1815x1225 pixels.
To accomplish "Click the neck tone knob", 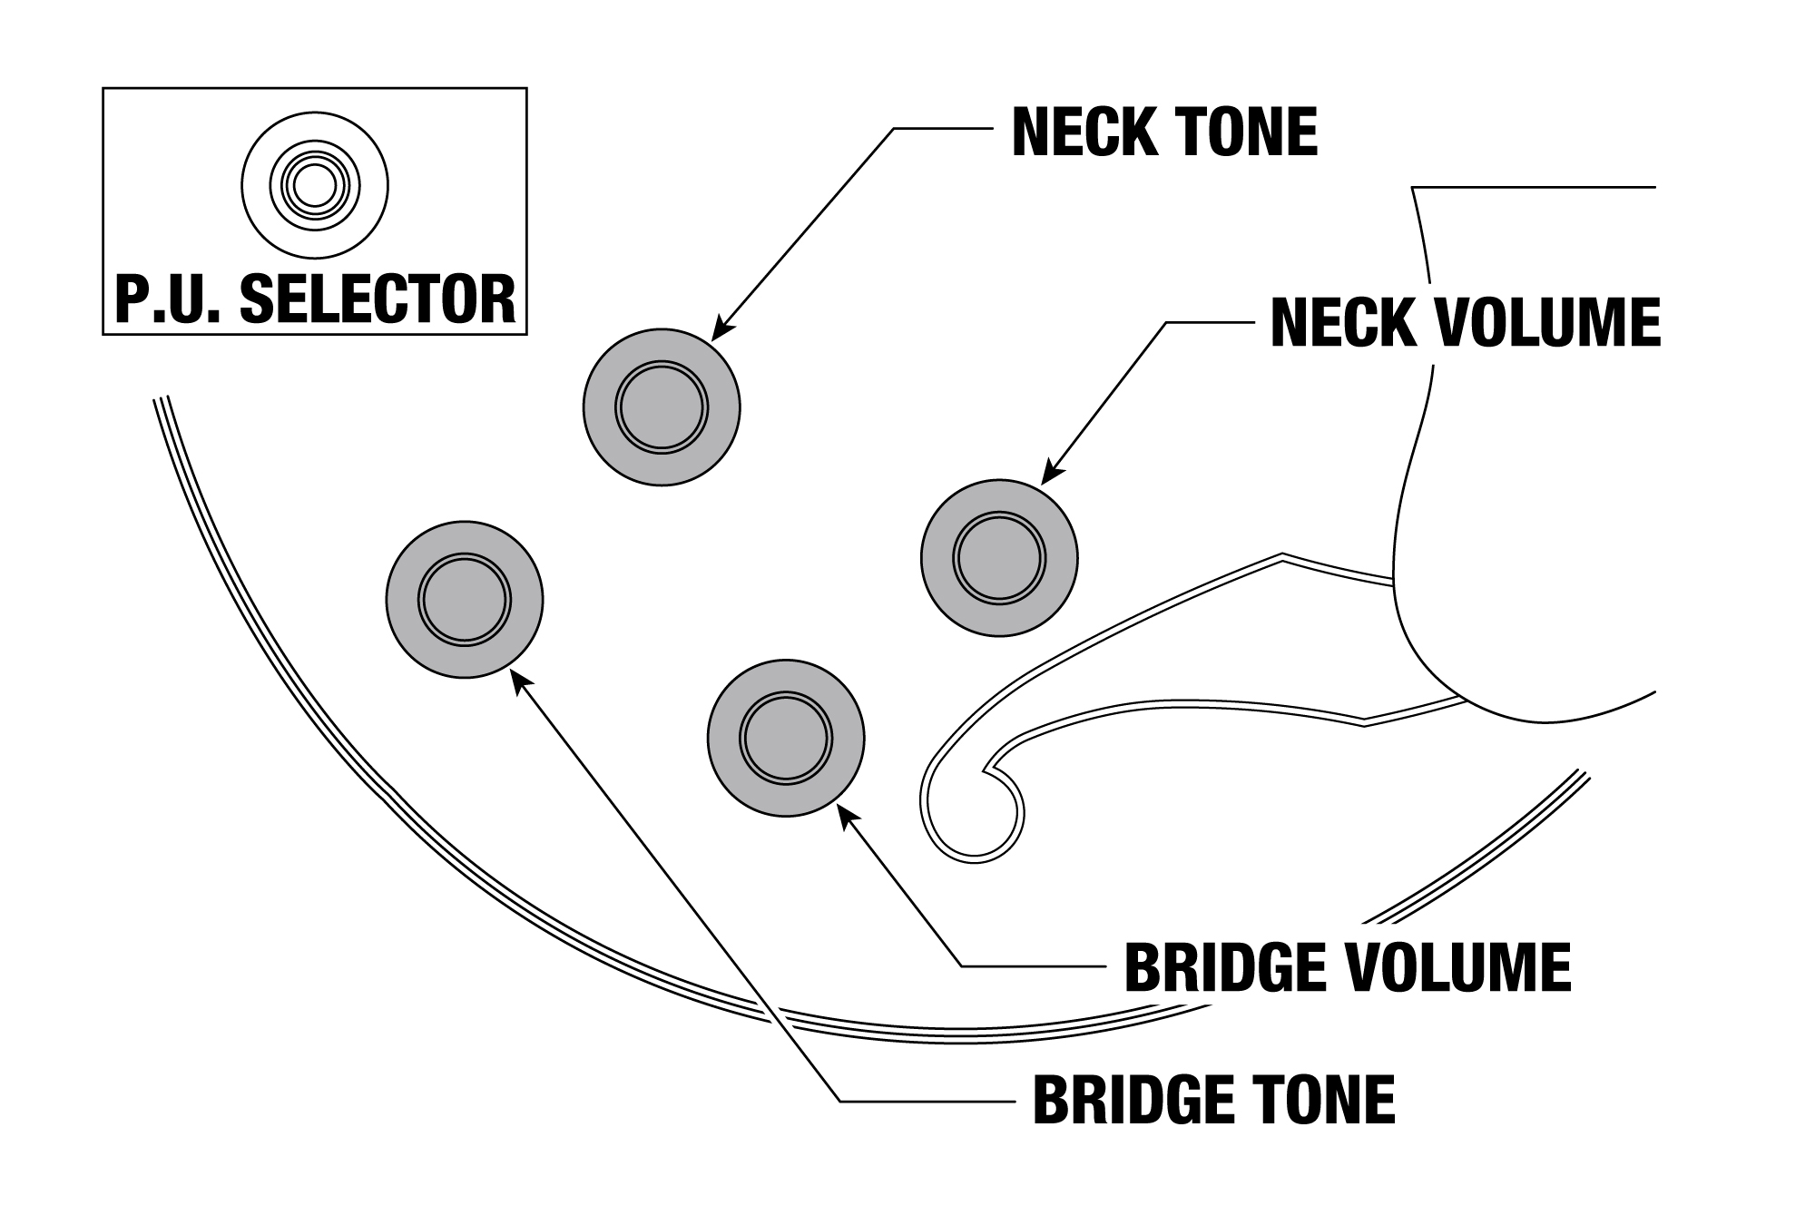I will (662, 407).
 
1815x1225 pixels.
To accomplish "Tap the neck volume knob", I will (999, 558).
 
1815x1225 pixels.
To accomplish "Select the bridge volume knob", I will (786, 738).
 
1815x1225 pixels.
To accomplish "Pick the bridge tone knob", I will (465, 600).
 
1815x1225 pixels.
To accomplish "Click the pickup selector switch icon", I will (315, 187).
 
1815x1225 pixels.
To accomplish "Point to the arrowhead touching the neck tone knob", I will (720, 330).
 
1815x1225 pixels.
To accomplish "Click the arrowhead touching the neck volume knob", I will (1049, 475).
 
